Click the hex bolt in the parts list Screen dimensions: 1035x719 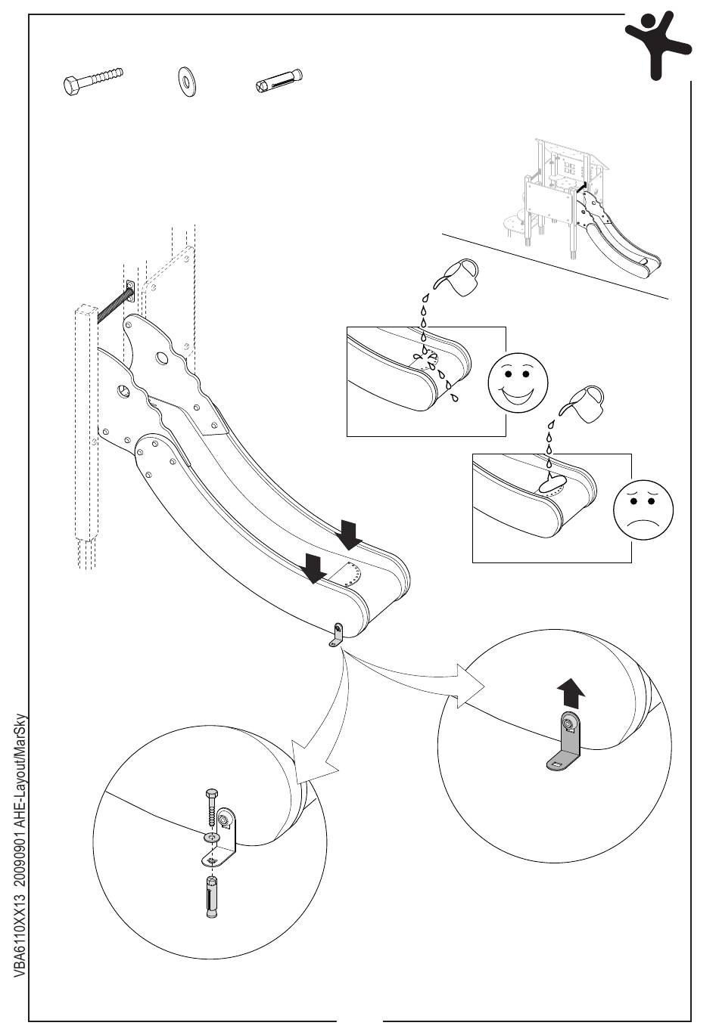pyautogui.click(x=92, y=79)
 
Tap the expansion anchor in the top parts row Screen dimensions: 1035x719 pyautogui.click(x=279, y=80)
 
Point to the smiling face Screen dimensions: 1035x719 pyautogui.click(x=517, y=383)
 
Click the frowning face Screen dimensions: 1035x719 pyautogui.click(x=643, y=509)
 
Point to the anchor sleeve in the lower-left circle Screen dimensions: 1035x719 pyautogui.click(x=212, y=896)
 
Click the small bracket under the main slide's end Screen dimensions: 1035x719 pyautogui.click(x=336, y=635)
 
